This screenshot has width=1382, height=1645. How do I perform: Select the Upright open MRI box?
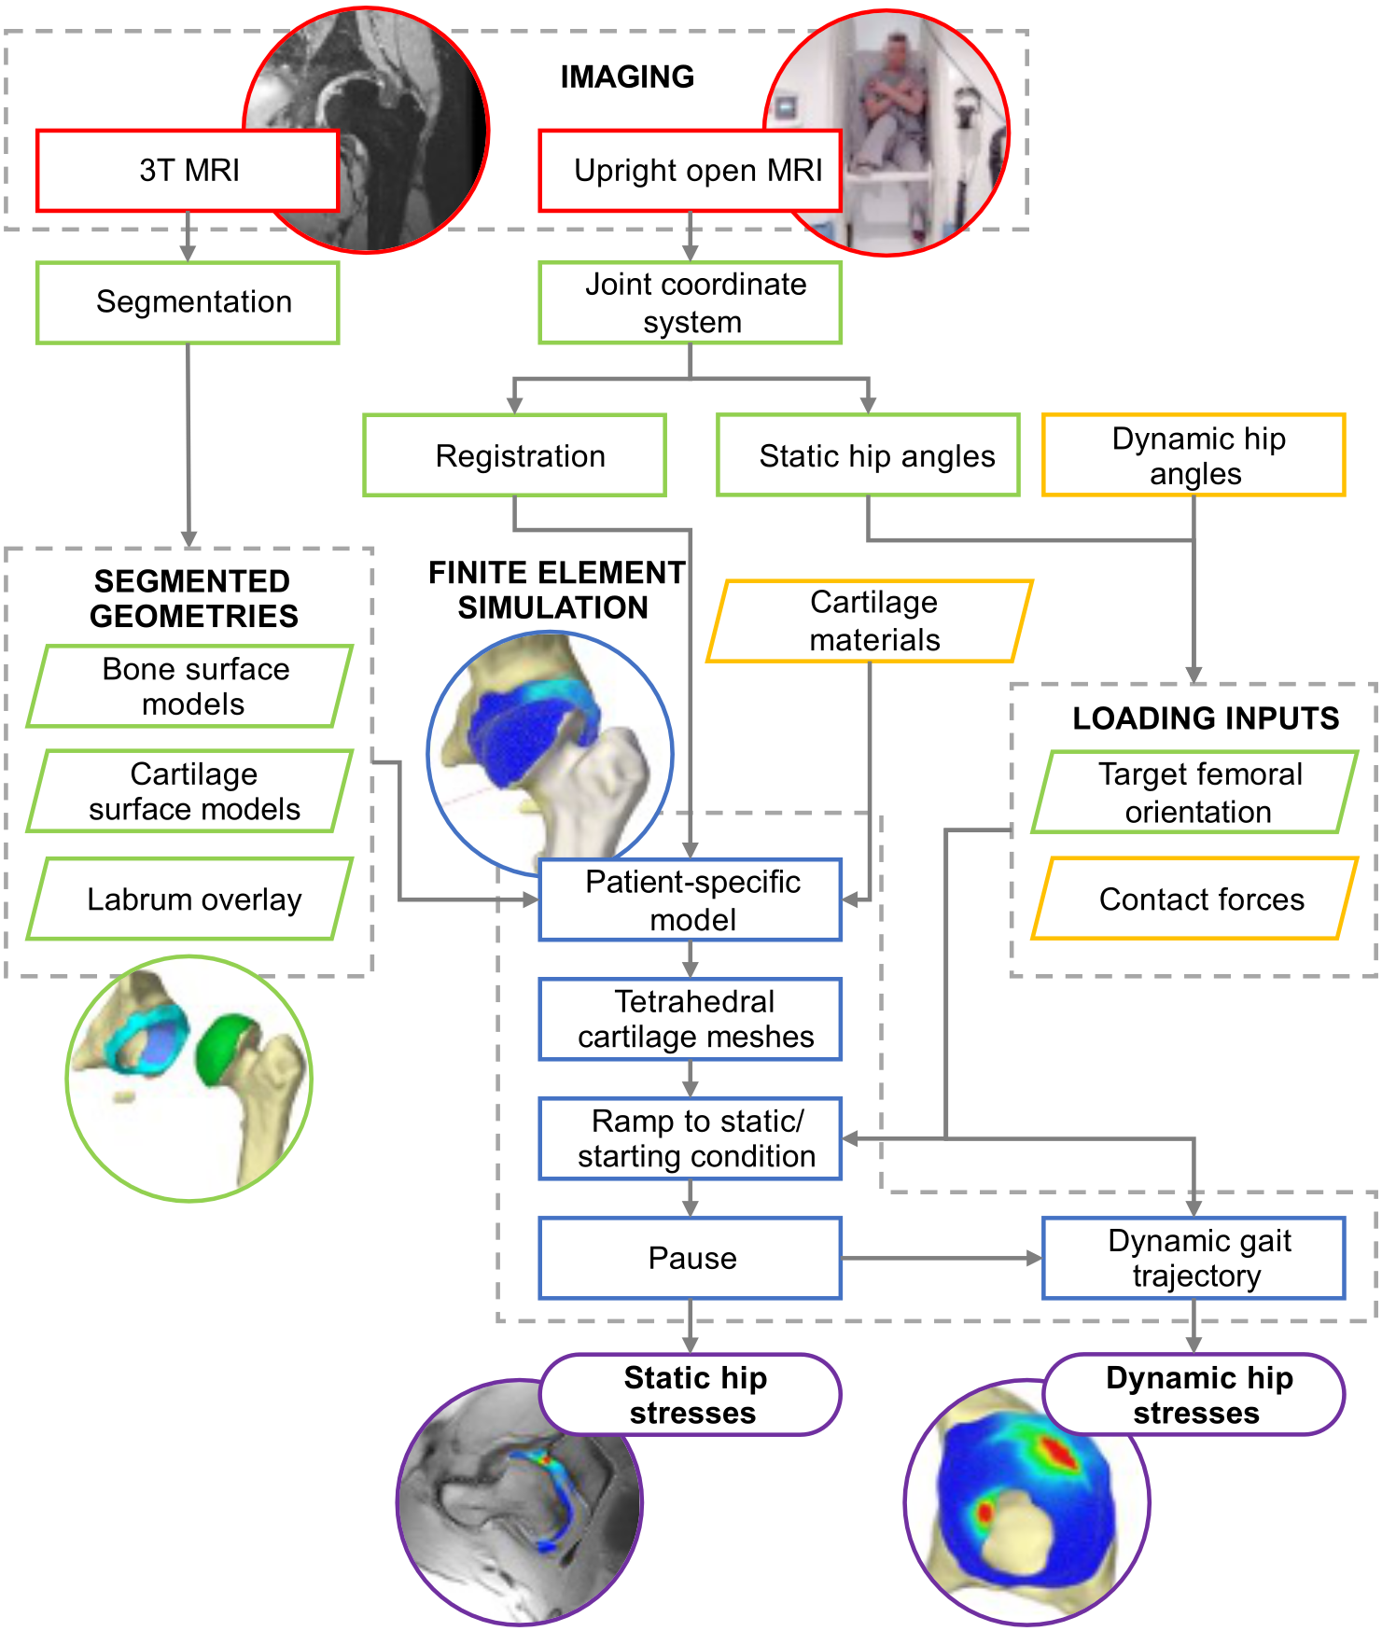click(x=690, y=171)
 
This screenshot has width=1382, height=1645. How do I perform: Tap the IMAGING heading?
click(x=626, y=77)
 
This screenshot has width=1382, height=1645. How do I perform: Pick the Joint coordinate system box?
click(x=690, y=302)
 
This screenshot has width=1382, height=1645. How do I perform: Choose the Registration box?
click(x=514, y=455)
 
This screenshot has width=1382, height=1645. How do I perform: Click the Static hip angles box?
click(x=868, y=455)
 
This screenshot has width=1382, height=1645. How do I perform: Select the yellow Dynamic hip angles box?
click(x=1194, y=455)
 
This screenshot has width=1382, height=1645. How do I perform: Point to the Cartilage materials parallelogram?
click(x=870, y=621)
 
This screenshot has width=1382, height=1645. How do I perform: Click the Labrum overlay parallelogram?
click(x=190, y=899)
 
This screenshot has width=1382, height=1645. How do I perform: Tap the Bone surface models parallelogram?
click(x=190, y=687)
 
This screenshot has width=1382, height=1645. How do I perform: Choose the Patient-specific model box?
click(x=690, y=899)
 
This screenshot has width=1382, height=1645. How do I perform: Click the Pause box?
click(x=690, y=1258)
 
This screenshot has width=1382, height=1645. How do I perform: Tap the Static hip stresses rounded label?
click(x=690, y=1395)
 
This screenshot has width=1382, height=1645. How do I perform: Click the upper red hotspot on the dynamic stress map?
click(x=1056, y=1451)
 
